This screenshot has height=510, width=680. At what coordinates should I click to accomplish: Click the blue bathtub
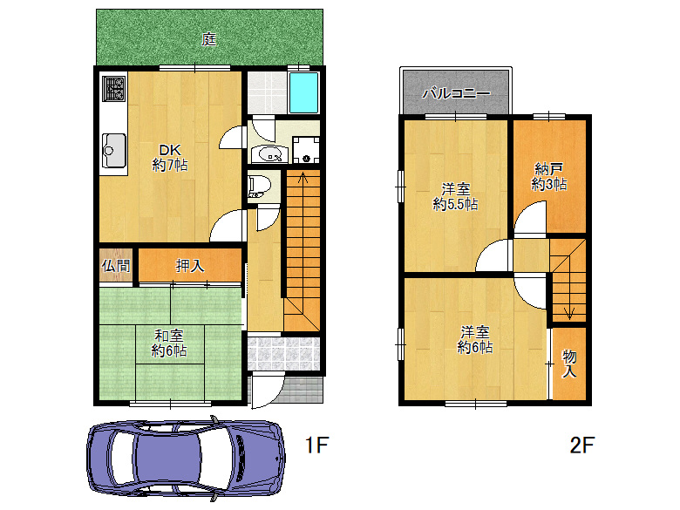303,92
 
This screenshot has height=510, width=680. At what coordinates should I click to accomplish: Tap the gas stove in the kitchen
114,88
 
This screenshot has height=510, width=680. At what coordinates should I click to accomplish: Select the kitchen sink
114,150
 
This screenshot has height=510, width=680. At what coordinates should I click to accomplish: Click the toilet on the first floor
259,186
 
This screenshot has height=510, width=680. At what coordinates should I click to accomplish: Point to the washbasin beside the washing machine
269,154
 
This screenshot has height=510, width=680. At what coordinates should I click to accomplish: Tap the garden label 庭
209,39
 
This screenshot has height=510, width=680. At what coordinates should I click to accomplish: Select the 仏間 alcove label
116,265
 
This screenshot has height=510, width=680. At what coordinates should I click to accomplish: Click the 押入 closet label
190,265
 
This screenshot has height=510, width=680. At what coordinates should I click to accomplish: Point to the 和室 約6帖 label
169,343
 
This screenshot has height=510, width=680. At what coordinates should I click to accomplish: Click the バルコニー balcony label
456,93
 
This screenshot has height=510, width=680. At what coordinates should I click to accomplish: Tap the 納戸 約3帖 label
549,176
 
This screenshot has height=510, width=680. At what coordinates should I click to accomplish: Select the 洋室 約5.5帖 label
455,196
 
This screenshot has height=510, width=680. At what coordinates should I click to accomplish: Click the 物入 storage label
569,364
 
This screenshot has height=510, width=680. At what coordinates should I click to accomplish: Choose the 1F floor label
317,445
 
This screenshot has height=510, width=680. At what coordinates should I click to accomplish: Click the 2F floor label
582,445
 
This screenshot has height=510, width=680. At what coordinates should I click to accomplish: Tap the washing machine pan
306,150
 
